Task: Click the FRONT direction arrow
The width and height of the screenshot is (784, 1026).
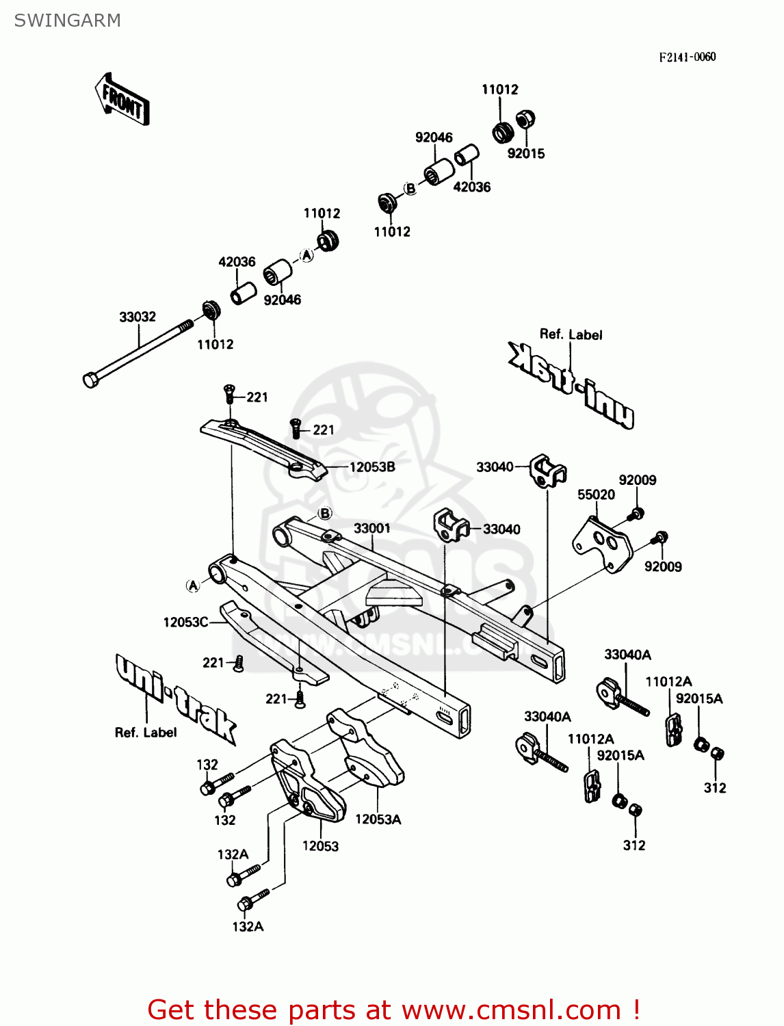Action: (x=122, y=100)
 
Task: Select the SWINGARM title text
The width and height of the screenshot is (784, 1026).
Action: (x=67, y=21)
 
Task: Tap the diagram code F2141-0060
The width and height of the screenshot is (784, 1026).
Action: (x=687, y=57)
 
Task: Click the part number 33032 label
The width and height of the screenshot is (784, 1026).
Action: (x=138, y=317)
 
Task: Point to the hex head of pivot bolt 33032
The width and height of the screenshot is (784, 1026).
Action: (x=90, y=380)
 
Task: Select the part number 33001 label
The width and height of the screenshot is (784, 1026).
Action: (x=372, y=528)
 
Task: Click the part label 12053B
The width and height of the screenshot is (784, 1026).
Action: (x=372, y=467)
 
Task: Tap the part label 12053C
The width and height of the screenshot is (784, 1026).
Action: (x=185, y=622)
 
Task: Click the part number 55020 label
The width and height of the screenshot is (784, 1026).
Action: (x=596, y=495)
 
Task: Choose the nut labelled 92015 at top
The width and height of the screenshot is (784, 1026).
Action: (x=525, y=120)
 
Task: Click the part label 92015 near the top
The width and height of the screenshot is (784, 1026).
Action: (x=526, y=154)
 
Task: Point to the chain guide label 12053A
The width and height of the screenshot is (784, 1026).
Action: (x=378, y=819)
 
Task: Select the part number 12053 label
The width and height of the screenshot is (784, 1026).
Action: (x=320, y=846)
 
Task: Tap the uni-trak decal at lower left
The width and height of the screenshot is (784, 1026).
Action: (x=174, y=698)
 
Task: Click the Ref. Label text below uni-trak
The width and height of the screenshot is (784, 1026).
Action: (x=146, y=733)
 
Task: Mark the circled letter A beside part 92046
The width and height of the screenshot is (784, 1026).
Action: (x=307, y=255)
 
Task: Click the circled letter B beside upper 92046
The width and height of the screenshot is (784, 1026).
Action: (x=410, y=188)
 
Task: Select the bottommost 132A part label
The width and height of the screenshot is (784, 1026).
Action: (x=248, y=927)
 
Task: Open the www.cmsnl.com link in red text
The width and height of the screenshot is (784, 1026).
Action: (x=510, y=1010)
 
